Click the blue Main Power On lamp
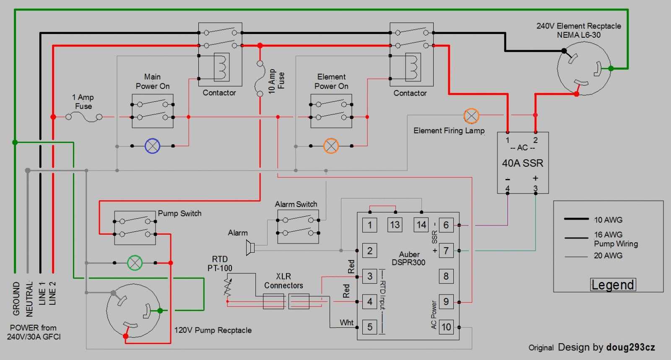(152, 146)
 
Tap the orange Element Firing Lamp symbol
(471, 116)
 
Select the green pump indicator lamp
(135, 263)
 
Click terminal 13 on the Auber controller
(395, 225)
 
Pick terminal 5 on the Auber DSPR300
(369, 326)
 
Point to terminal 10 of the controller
(446, 327)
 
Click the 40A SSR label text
(523, 163)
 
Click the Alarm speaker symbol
(250, 248)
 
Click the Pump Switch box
(135, 228)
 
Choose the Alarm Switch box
(298, 226)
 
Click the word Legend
(613, 285)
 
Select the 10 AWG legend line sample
(576, 219)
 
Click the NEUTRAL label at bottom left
(29, 298)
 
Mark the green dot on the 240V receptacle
(611, 68)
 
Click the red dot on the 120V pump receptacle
(125, 336)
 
